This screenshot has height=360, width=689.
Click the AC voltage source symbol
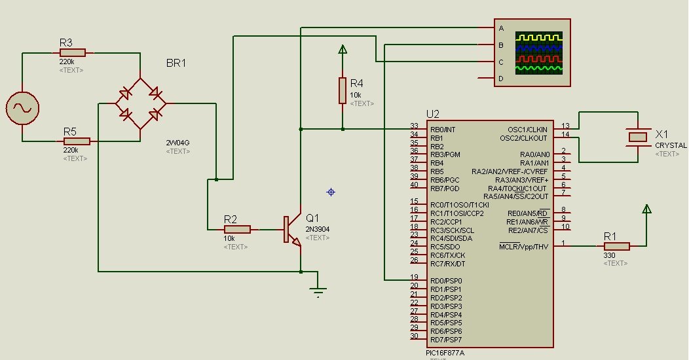(22, 108)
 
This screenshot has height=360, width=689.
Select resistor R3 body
(72, 53)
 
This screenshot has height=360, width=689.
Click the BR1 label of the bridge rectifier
(176, 63)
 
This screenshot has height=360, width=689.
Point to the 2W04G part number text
(179, 142)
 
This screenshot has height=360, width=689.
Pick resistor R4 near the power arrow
(342, 90)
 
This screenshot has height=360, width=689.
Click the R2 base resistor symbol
(237, 229)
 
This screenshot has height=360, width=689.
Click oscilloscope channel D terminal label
(501, 79)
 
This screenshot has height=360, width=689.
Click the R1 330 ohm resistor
(616, 246)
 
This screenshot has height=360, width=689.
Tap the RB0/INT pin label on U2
(443, 130)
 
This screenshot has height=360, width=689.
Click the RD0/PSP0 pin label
(446, 281)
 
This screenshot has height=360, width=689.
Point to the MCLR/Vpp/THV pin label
(523, 247)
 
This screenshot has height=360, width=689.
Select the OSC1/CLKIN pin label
(527, 130)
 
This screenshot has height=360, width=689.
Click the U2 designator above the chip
(432, 113)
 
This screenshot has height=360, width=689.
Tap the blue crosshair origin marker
(331, 192)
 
